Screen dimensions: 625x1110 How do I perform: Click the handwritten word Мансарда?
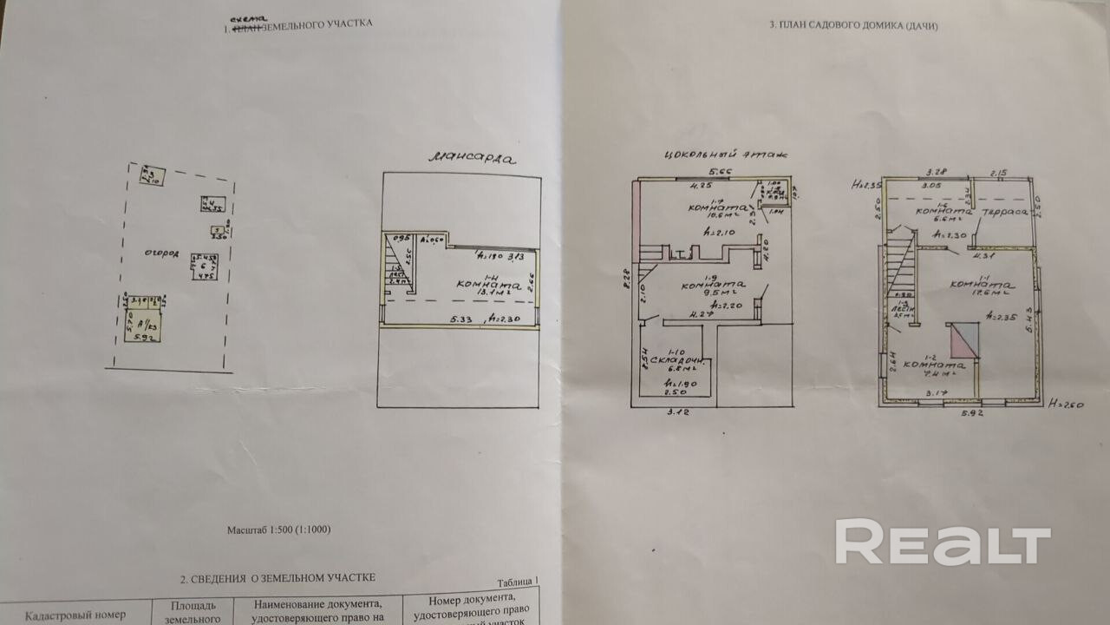pyautogui.click(x=472, y=159)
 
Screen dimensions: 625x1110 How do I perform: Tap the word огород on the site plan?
pyautogui.click(x=162, y=253)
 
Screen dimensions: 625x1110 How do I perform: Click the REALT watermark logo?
pyautogui.click(x=943, y=543)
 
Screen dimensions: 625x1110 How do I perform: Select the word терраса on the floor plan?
pyautogui.click(x=1003, y=212)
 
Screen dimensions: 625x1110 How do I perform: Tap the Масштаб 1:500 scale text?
pyautogui.click(x=278, y=529)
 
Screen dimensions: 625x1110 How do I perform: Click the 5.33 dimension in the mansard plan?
pyautogui.click(x=462, y=319)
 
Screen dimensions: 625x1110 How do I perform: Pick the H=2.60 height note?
pyautogui.click(x=1066, y=405)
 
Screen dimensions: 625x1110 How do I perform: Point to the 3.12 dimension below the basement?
pyautogui.click(x=672, y=411)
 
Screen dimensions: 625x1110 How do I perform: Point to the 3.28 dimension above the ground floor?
pyautogui.click(x=935, y=171)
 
